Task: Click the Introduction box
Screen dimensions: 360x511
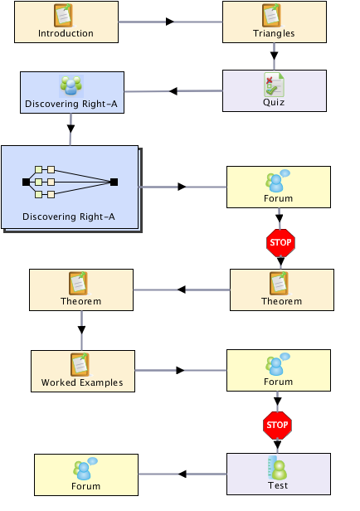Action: pyautogui.click(x=66, y=22)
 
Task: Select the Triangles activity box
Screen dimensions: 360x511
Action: pyautogui.click(x=275, y=22)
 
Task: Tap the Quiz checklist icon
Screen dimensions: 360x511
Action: pyautogui.click(x=274, y=85)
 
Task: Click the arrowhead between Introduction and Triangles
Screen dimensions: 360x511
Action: pyautogui.click(x=170, y=22)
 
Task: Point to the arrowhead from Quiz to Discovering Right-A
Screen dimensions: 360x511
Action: pyautogui.click(x=173, y=91)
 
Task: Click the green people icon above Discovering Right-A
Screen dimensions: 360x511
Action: pyautogui.click(x=71, y=86)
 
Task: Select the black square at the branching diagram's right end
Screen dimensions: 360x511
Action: pyautogui.click(x=114, y=182)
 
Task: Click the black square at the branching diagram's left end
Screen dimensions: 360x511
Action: pyautogui.click(x=26, y=182)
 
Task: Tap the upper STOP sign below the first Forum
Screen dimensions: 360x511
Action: pyautogui.click(x=280, y=243)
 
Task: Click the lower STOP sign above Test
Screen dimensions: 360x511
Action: pyautogui.click(x=277, y=426)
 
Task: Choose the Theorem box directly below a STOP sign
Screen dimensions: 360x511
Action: pyautogui.click(x=282, y=290)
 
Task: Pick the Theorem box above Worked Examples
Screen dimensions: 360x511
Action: pyautogui.click(x=81, y=290)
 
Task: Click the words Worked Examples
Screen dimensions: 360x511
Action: pyautogui.click(x=82, y=382)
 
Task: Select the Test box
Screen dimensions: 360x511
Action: pyautogui.click(x=279, y=474)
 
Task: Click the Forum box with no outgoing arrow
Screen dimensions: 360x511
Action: pyautogui.click(x=86, y=474)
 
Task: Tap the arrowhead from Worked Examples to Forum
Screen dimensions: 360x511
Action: pyautogui.click(x=180, y=371)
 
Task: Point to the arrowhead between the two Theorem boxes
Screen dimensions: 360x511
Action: pyautogui.click(x=182, y=290)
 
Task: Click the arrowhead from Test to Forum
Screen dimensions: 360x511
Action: pyautogui.click(x=182, y=474)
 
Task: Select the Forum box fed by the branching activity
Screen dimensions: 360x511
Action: pyautogui.click(x=279, y=187)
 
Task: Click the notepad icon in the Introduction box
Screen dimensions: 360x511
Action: pyautogui.click(x=64, y=15)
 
